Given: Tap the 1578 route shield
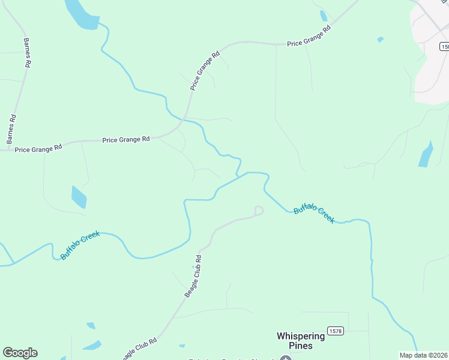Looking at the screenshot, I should click(336, 331).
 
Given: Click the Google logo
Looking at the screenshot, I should click(20, 353).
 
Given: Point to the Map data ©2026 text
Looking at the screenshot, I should click(423, 355).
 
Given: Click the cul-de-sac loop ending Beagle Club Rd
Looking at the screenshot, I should click(259, 210).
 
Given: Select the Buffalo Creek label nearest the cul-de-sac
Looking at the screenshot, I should click(313, 214).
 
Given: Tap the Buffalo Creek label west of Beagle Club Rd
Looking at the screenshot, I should click(80, 245).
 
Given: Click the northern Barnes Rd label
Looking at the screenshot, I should click(26, 53).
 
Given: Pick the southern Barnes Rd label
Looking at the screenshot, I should click(10, 129).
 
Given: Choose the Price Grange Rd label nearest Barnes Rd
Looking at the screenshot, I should click(38, 148).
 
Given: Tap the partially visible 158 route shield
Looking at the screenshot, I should click(444, 46).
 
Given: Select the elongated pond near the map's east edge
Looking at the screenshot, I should click(426, 155).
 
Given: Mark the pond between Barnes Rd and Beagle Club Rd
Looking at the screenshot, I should click(79, 197).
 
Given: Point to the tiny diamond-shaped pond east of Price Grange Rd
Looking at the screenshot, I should click(381, 40).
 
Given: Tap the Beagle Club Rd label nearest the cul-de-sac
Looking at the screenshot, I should click(193, 277).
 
